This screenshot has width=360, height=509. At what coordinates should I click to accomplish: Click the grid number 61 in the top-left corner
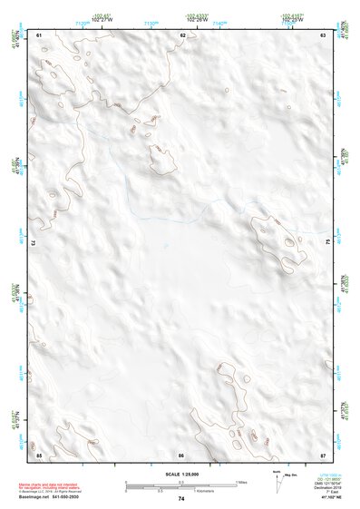coord(39,34)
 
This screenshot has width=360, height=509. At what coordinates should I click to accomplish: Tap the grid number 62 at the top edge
coord(183,34)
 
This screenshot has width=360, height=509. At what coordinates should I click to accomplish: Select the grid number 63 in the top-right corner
coord(324,34)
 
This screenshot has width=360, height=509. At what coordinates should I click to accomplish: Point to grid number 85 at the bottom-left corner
coord(39,454)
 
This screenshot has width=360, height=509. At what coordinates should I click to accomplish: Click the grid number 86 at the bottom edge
coord(181,454)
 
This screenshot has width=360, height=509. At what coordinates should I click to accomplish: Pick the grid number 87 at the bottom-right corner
coord(324,454)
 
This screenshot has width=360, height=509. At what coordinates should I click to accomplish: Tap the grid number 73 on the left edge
coord(34,243)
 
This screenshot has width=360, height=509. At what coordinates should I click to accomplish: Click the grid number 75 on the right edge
coord(328,243)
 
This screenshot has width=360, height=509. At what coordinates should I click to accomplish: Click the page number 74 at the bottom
coord(181,499)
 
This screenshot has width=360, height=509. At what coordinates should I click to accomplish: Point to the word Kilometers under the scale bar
coord(215,491)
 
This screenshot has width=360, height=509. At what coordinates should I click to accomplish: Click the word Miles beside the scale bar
coord(242,481)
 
